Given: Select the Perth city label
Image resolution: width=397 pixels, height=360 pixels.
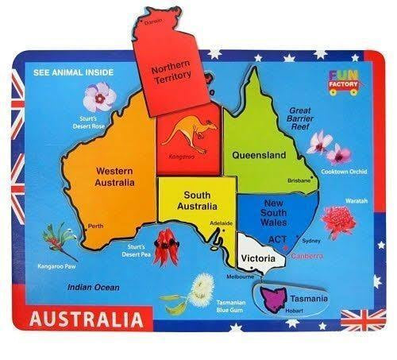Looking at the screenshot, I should (96, 226).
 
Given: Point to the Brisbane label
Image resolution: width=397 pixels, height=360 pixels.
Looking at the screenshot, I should (299, 180).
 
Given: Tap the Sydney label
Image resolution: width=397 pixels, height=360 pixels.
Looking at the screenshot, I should (311, 240).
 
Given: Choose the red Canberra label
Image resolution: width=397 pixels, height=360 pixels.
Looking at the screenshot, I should (306, 257).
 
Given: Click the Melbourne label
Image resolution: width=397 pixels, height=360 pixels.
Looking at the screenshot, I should (240, 277).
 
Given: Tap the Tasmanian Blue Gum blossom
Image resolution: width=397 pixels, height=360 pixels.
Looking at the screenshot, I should (202, 288).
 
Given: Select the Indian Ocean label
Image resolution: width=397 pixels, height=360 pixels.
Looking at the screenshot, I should (93, 287).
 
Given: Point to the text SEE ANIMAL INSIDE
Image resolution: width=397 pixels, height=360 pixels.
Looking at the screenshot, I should (74, 72).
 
